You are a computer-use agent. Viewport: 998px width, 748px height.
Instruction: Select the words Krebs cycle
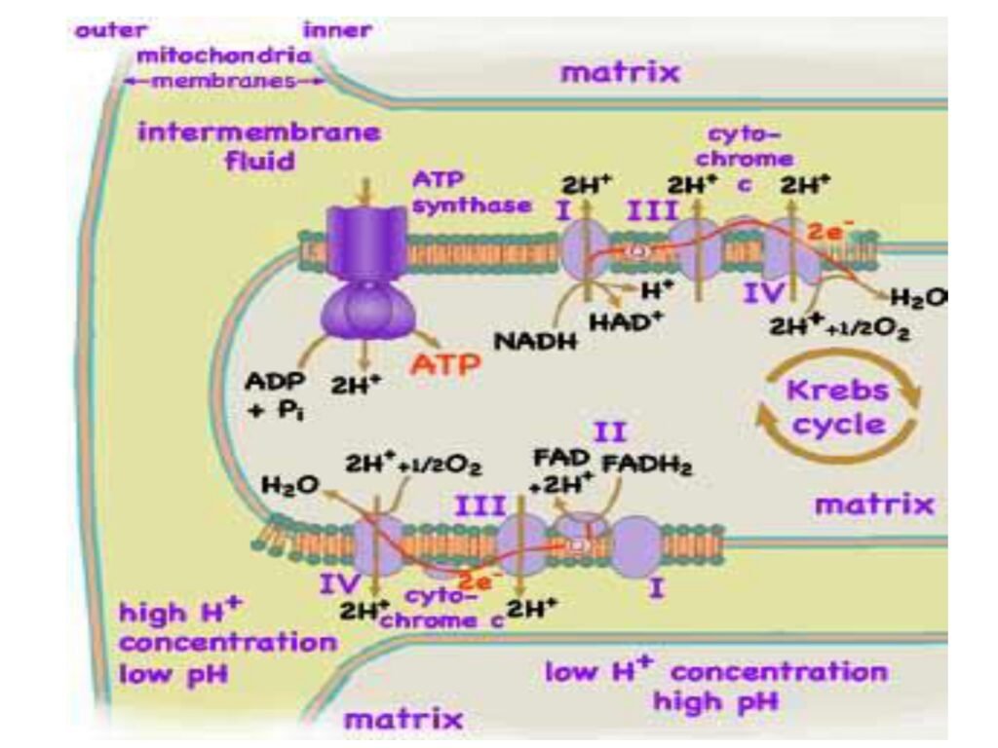[x=838, y=408]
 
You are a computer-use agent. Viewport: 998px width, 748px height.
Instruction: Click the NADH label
[x=535, y=342]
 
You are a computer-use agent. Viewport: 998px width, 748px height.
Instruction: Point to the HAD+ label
[x=619, y=322]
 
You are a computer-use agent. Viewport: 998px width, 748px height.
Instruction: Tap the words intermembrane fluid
[x=258, y=145]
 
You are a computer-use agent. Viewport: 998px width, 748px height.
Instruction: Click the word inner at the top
[x=337, y=30]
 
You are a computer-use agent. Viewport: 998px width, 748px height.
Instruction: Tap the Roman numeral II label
[x=611, y=432]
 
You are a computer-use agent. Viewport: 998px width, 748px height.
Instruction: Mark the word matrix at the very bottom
[x=403, y=720]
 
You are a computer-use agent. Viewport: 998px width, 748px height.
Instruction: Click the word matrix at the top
[x=620, y=72]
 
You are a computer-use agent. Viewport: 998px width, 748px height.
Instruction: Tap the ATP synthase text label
[x=472, y=192]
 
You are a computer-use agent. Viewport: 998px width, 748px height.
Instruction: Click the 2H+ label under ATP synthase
[x=355, y=384]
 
